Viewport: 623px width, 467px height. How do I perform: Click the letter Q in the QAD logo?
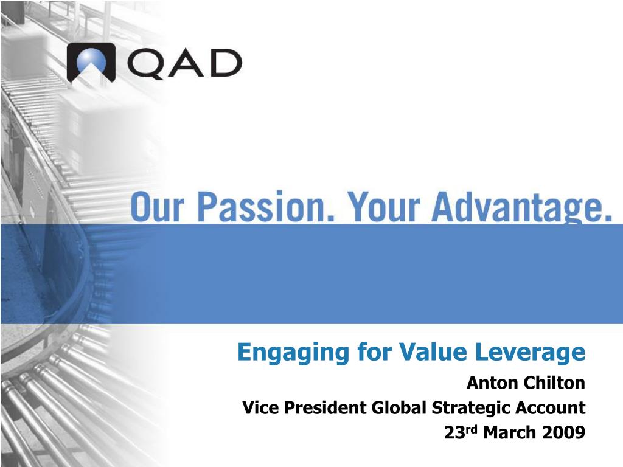coord(146,63)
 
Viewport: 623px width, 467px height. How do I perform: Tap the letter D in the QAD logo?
coord(226,63)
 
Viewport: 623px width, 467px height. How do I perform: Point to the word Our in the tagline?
coord(158,207)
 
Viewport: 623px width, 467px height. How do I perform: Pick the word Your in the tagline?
coord(384,207)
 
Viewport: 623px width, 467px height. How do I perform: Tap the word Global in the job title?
coord(399,408)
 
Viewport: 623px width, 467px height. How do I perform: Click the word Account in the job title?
coord(550,408)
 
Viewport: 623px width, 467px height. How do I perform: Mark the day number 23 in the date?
coord(454,432)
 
